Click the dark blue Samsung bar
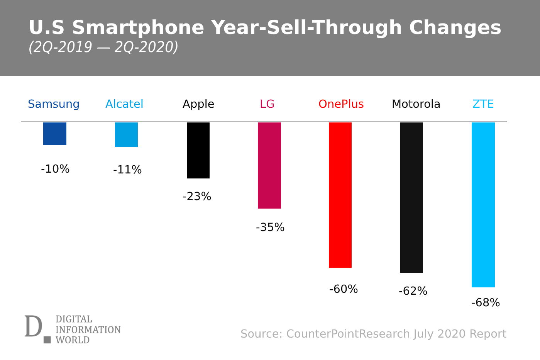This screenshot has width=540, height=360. click(x=55, y=134)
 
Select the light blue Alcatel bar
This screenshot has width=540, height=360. click(x=126, y=134)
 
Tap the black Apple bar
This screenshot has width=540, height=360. click(x=198, y=150)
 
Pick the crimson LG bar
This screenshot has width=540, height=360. click(x=269, y=165)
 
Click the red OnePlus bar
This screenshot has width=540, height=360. click(x=340, y=195)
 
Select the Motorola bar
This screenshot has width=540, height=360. click(x=411, y=197)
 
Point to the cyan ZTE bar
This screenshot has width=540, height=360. click(x=483, y=205)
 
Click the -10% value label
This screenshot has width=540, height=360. click(x=55, y=169)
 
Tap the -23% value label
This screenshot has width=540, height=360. click(x=197, y=197)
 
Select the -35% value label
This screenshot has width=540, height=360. click(x=270, y=228)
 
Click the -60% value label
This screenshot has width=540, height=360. click(x=344, y=289)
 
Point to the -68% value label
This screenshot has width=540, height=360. click(x=486, y=303)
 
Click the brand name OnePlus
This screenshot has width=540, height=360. click(x=341, y=104)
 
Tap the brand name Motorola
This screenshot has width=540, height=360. click(x=416, y=104)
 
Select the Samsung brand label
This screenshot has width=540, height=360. click(x=54, y=104)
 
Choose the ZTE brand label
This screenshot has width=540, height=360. click(x=483, y=104)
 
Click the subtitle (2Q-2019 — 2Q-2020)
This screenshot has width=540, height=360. click(x=103, y=47)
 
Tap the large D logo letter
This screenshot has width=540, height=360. click(x=33, y=326)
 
